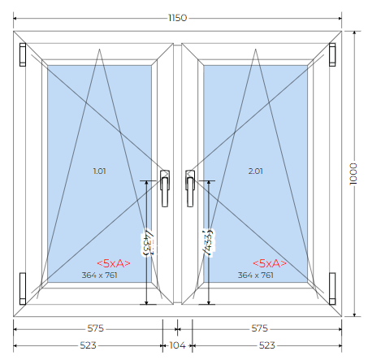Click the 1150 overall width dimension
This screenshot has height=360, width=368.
(178, 18)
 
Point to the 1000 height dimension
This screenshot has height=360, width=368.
(353, 174)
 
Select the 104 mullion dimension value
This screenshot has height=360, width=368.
(177, 345)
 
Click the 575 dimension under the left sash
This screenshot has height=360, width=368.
(95, 328)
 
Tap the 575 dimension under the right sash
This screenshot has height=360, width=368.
(259, 328)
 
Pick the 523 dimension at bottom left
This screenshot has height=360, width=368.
(88, 345)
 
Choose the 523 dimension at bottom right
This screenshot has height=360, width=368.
(267, 345)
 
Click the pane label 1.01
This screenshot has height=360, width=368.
(99, 171)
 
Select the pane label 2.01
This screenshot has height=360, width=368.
(256, 171)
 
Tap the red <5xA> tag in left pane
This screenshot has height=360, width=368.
(114, 263)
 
